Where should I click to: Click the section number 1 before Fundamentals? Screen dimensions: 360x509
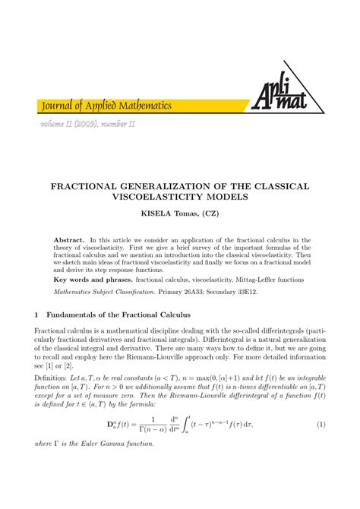point(36,314)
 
